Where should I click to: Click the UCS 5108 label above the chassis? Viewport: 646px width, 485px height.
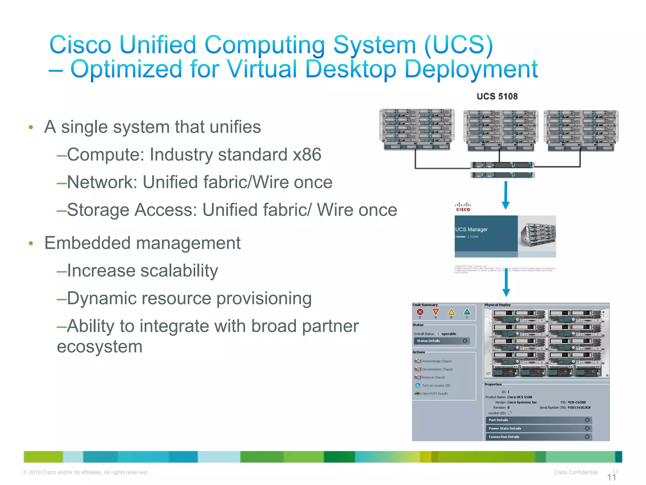[x=497, y=96]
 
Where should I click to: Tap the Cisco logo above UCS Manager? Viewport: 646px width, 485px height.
[x=463, y=207]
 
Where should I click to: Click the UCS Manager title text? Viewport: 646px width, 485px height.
[x=471, y=230]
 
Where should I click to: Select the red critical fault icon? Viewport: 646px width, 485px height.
[x=420, y=312]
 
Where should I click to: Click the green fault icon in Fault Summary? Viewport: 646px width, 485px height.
[x=467, y=312]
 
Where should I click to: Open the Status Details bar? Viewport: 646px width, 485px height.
[x=441, y=341]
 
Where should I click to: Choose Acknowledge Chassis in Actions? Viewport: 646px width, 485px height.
[x=437, y=361]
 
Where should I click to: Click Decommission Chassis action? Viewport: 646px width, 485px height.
[x=437, y=369]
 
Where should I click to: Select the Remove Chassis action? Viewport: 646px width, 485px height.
[x=433, y=378]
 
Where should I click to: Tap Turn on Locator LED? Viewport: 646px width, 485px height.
[x=436, y=386]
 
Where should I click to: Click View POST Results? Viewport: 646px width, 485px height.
[x=435, y=394]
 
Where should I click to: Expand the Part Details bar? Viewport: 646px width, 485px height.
[x=538, y=420]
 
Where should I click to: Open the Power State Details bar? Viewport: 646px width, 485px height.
[x=538, y=428]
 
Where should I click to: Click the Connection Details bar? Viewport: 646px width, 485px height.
[x=538, y=437]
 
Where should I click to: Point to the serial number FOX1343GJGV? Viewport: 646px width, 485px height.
[x=579, y=408]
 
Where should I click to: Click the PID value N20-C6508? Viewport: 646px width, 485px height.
[x=577, y=403]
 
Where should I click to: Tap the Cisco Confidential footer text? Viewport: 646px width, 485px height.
[x=575, y=472]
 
